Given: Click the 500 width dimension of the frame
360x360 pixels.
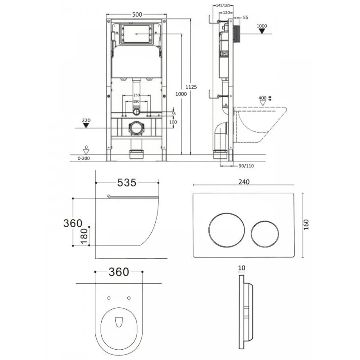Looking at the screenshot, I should pos(137,15).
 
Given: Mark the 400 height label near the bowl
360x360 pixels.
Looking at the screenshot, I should pos(262,98).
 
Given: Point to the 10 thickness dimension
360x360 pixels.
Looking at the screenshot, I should pos(243,268).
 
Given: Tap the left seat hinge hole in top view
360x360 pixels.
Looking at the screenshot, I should pos(110,298).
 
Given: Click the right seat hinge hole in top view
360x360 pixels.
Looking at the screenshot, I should pos(129,298).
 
